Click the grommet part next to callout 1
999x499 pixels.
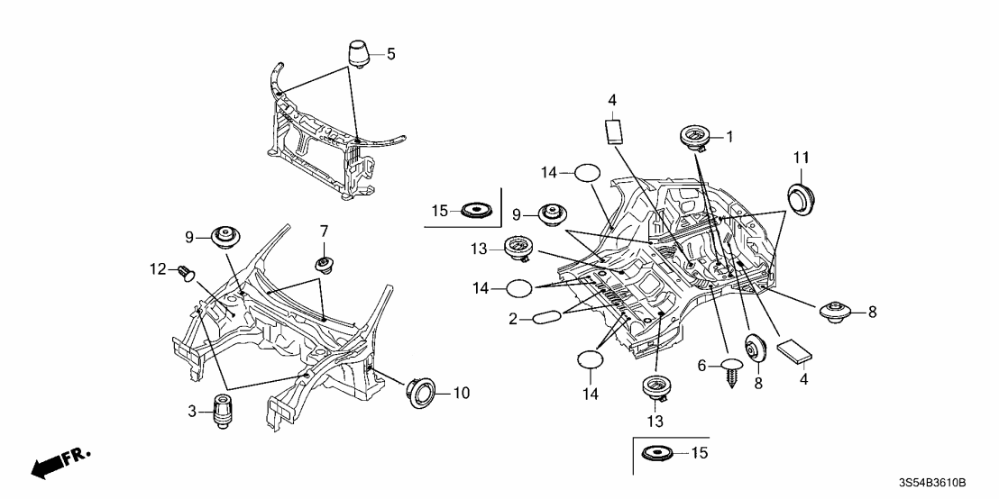point(693,139)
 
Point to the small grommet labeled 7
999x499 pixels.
point(323,265)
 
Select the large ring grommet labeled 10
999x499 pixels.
point(420,393)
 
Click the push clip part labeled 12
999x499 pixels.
point(188,269)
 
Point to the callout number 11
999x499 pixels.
point(800,159)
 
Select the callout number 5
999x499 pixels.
point(390,54)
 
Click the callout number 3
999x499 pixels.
point(193,411)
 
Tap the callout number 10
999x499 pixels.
point(461,393)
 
